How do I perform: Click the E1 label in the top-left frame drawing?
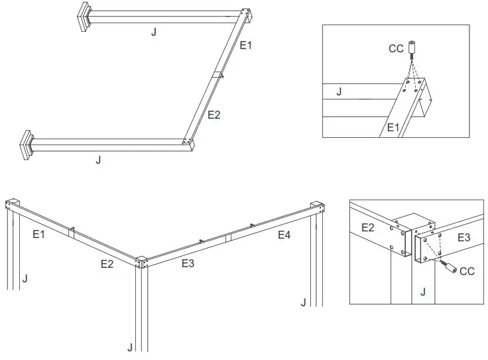tap(246, 45)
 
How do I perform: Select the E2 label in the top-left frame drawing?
tap(213, 115)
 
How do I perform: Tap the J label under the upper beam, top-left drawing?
tap(154, 32)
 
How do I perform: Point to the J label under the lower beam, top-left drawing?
tap(98, 160)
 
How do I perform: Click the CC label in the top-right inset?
tap(395, 48)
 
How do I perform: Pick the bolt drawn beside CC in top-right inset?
tap(412, 48)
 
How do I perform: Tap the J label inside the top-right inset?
tap(339, 91)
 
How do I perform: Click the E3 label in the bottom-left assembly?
tap(188, 263)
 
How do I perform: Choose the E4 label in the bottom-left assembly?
tap(284, 235)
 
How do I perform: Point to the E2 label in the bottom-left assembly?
tap(107, 264)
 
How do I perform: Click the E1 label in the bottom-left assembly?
tap(39, 233)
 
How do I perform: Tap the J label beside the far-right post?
tap(303, 302)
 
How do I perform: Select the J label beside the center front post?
tap(130, 347)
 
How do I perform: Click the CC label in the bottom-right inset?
tap(467, 271)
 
